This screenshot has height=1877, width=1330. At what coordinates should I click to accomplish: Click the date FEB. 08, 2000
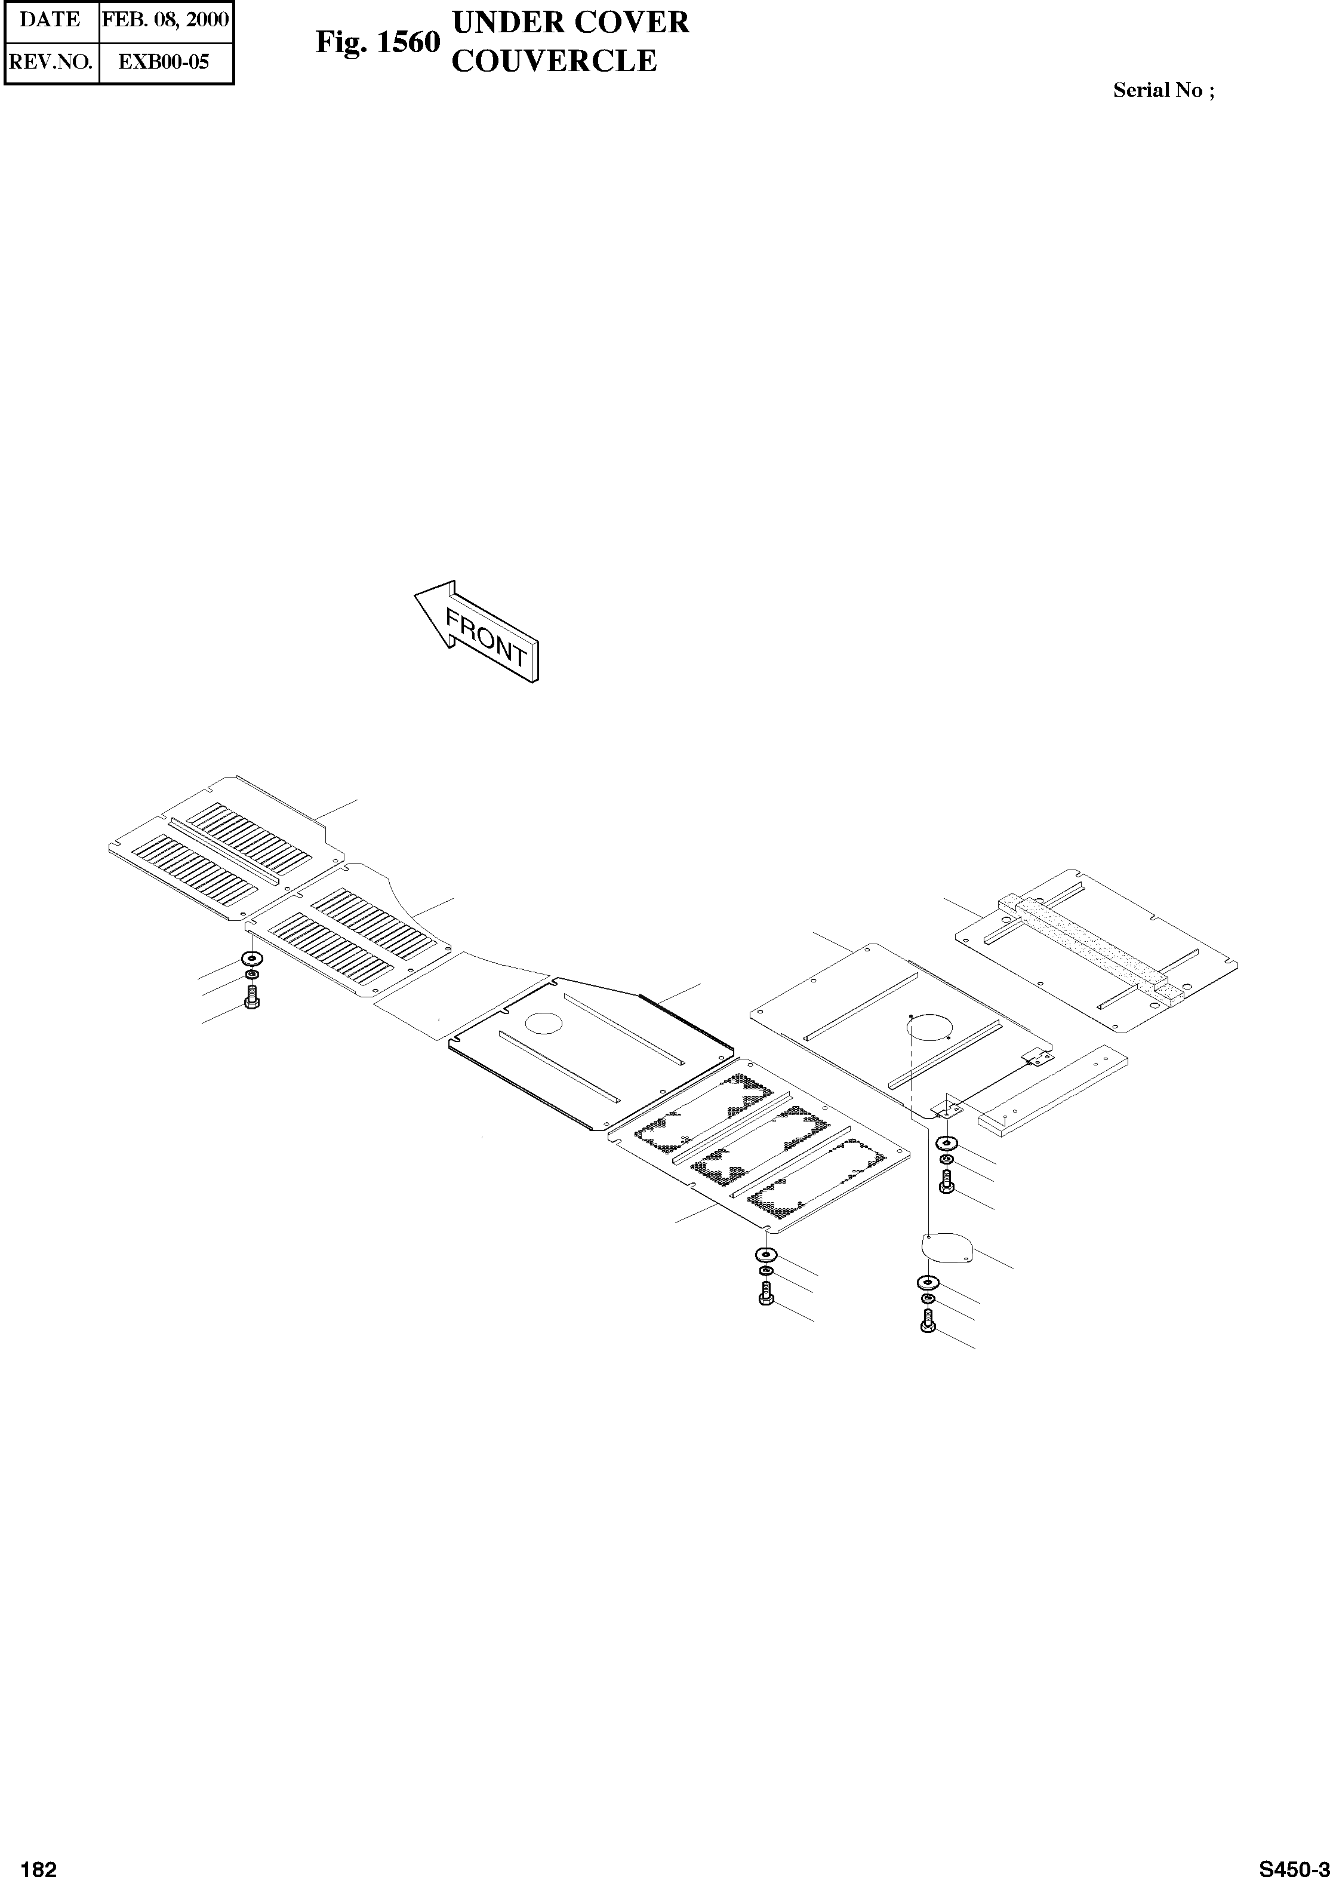(x=165, y=19)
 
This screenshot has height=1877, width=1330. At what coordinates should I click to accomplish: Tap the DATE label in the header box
(x=50, y=19)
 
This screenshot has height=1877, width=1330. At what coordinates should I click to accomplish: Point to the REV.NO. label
(x=50, y=62)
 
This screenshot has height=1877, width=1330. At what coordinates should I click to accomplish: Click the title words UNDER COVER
(x=570, y=22)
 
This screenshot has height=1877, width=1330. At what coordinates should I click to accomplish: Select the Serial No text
(x=1163, y=90)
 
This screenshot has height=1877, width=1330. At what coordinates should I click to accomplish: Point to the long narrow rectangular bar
(x=1053, y=1086)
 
